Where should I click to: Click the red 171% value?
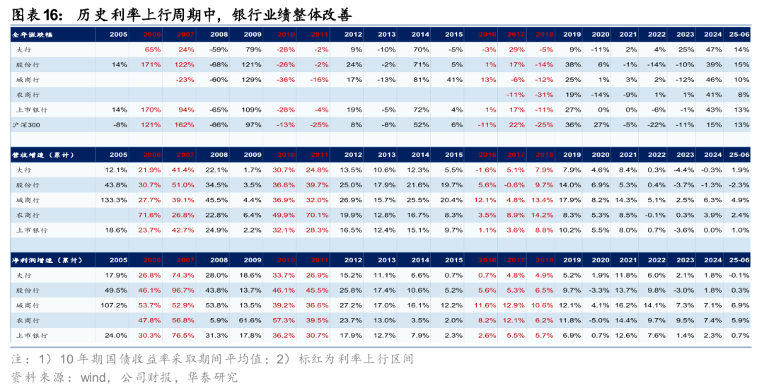pos(151,64)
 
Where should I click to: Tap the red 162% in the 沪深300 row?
pos(185,125)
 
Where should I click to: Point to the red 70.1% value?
pos(317,215)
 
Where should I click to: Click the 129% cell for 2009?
pos(252,80)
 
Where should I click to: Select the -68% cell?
pos(219,64)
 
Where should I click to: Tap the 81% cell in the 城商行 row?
pos(421,80)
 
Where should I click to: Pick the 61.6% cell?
pos(250,320)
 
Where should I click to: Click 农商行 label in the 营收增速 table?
pos(28,215)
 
